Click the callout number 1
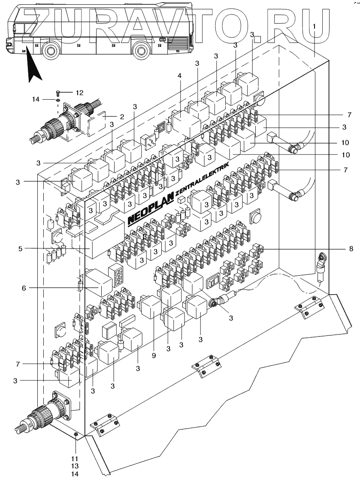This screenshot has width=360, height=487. (x=314, y=27)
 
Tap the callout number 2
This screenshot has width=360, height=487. (x=122, y=117)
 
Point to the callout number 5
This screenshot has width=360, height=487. (x=21, y=249)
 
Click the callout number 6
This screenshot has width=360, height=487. (x=24, y=288)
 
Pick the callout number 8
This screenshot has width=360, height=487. (x=351, y=249)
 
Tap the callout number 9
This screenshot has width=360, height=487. (x=154, y=356)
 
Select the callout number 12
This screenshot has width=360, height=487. (x=79, y=93)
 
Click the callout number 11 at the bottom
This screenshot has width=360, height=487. (x=75, y=458)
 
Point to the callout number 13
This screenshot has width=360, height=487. (x=75, y=466)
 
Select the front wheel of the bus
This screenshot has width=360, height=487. (x=51, y=51)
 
